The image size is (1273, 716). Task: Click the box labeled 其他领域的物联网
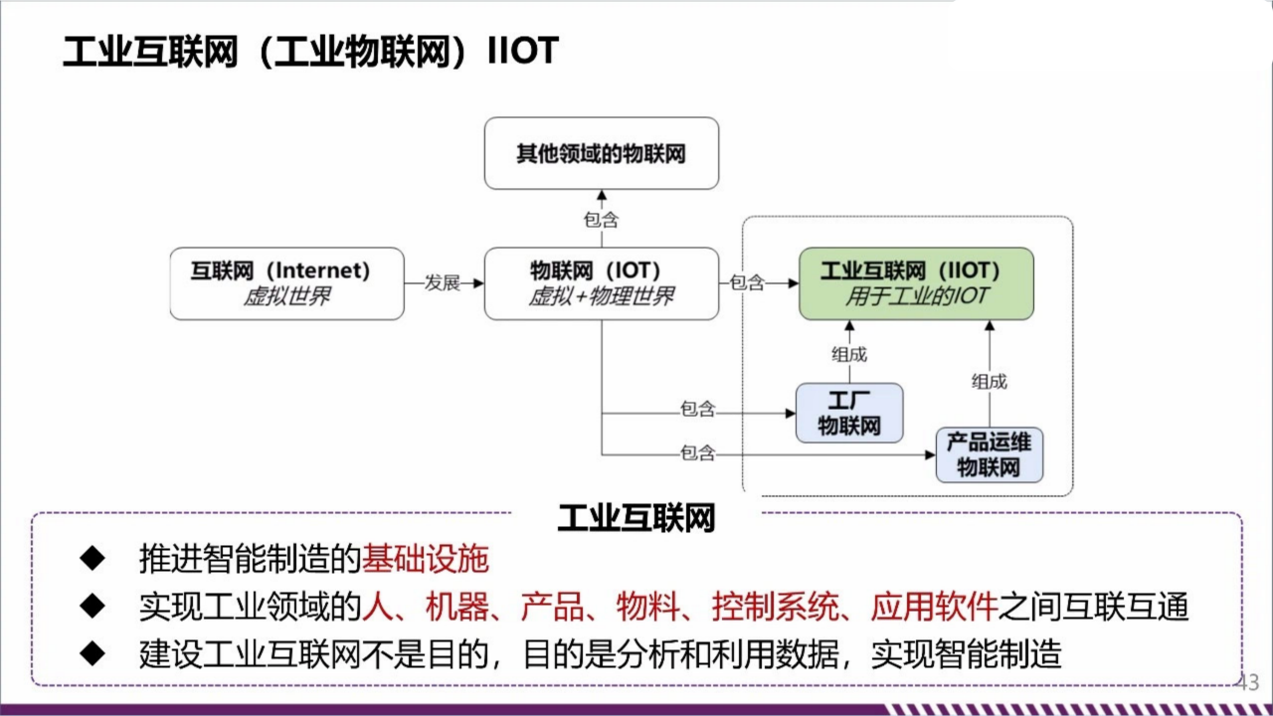[x=601, y=153]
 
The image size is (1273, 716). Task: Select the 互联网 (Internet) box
[x=286, y=283]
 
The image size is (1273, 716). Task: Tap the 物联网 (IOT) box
[x=601, y=283]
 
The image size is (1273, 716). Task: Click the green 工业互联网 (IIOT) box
[x=916, y=283]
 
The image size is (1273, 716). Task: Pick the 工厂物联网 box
[x=849, y=413]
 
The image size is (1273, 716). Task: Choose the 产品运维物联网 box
[x=989, y=454]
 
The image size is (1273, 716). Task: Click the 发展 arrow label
[x=443, y=283]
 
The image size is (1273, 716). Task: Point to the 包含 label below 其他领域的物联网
[x=601, y=220]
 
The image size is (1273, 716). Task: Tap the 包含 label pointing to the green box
[x=747, y=283]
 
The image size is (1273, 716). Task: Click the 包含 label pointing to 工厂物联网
[x=697, y=409]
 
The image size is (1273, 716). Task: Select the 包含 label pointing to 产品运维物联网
[x=697, y=453]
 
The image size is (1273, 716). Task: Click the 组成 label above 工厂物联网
[x=849, y=354]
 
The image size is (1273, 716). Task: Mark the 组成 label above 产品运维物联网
[x=989, y=381]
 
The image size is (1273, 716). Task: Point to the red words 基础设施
[x=426, y=560]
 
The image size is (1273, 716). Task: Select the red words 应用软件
[x=934, y=607]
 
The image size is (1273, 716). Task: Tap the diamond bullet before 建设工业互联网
[x=92, y=653]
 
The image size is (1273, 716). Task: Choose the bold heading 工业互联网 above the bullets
[x=636, y=518]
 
